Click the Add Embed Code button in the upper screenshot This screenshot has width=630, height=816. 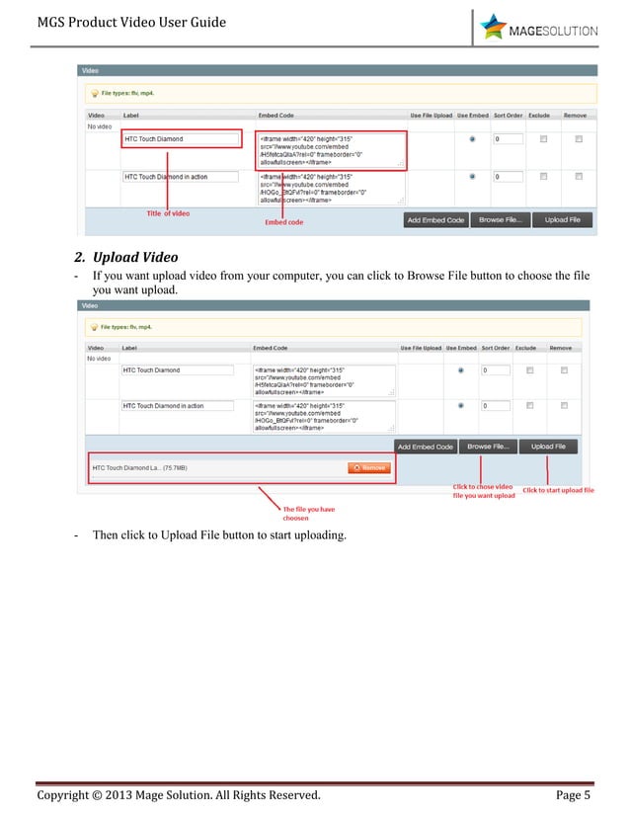[435, 220]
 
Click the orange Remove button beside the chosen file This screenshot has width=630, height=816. [367, 468]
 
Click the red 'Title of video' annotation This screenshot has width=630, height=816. [168, 214]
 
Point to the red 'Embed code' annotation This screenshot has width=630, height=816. [283, 222]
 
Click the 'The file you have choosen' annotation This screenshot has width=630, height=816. [309, 513]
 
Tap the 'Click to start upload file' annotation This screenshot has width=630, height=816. [558, 490]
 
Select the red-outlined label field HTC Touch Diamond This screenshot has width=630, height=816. [182, 139]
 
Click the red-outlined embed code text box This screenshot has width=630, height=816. [331, 150]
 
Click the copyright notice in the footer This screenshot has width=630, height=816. [179, 795]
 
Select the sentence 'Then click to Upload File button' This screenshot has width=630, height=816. [219, 534]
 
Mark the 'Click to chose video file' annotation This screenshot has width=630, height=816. [484, 491]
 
